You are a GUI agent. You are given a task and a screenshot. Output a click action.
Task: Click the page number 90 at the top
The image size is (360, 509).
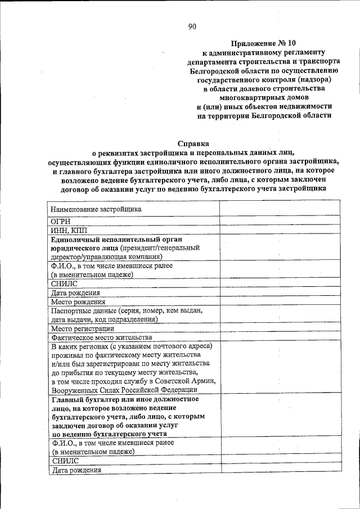coord(192,26)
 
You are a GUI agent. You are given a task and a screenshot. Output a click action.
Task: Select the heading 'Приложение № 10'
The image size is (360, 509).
coord(263,43)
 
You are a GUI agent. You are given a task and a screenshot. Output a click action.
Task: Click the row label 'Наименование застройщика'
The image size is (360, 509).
coord(96,209)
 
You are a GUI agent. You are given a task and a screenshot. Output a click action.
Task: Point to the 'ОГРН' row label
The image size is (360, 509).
coord(61,222)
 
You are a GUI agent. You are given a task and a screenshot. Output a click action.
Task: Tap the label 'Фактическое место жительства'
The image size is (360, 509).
coord(102,337)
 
